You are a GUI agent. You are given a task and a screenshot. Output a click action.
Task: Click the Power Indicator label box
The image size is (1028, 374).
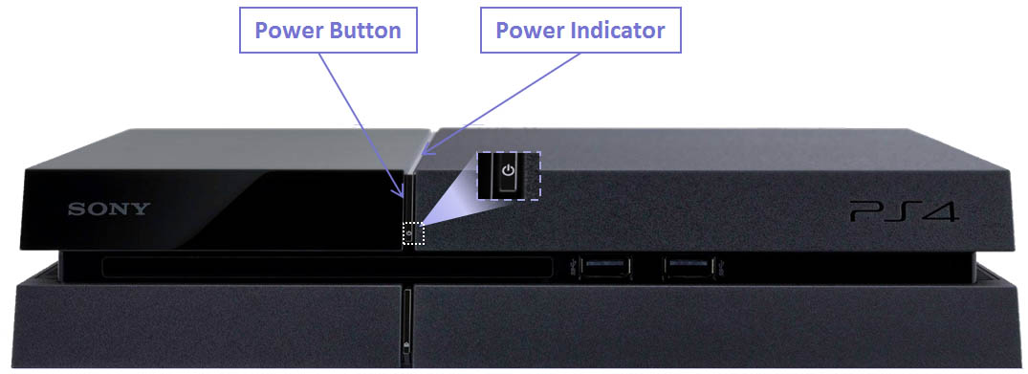coord(580,31)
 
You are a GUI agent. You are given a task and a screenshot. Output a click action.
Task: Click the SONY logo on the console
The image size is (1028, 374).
coord(107,209)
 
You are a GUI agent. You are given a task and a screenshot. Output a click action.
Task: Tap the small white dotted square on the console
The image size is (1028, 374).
coord(412,232)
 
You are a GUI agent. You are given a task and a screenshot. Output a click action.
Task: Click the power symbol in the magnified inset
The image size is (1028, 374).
coord(509,173)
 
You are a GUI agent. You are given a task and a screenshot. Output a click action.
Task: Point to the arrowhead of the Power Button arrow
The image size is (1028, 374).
coord(405,196)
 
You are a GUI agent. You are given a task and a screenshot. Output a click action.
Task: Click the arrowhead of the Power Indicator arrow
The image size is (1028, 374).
coord(423,153)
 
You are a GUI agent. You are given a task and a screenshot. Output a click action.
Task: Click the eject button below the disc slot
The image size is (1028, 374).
coord(407,344)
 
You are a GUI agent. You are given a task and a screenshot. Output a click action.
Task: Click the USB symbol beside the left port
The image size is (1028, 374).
coord(572,263)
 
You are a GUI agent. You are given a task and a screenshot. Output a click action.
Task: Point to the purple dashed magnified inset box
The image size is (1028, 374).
coord(509,175)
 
